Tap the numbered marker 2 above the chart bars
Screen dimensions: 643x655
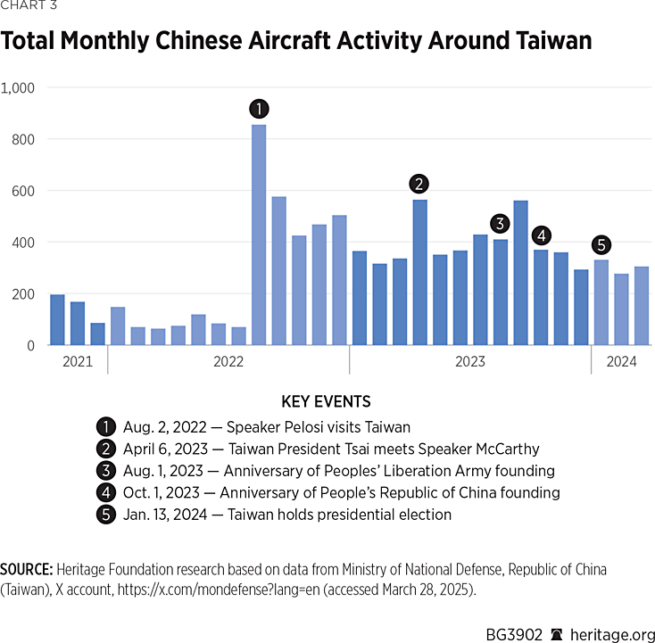tap(419, 184)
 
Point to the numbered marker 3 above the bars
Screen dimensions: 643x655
tap(500, 224)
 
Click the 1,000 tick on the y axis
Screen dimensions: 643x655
tap(18, 87)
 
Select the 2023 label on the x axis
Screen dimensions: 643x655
tap(469, 361)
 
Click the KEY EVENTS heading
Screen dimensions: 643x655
tap(326, 402)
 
